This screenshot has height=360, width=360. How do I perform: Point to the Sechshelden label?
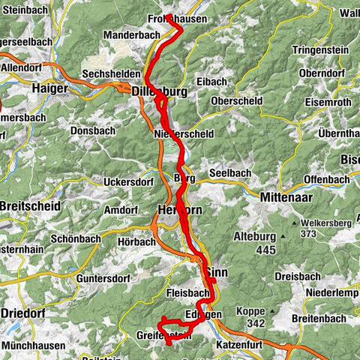click(x=110, y=75)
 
